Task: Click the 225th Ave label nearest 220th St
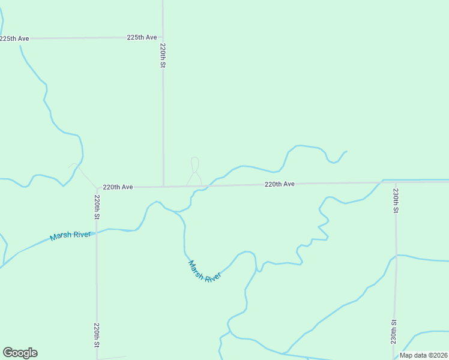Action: (x=142, y=37)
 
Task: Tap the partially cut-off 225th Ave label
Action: (x=14, y=38)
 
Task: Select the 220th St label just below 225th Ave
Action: (x=163, y=55)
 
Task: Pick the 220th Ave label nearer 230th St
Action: (x=280, y=184)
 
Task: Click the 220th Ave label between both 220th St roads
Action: (x=118, y=187)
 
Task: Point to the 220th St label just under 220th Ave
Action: (x=97, y=206)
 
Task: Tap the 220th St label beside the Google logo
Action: (x=96, y=335)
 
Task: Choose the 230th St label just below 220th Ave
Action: (x=396, y=201)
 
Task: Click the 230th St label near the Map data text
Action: (x=394, y=331)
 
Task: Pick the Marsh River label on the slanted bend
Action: (x=205, y=271)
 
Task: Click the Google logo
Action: (x=20, y=353)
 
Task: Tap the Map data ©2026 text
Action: (x=423, y=355)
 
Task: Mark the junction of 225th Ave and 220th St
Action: (x=163, y=37)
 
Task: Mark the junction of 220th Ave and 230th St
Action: (x=396, y=182)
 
